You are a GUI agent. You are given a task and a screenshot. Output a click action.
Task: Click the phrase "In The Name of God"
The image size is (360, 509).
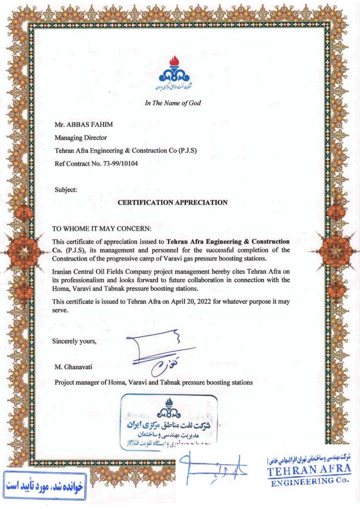click(x=172, y=103)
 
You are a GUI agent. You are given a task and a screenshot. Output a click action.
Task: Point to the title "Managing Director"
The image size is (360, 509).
click(x=80, y=138)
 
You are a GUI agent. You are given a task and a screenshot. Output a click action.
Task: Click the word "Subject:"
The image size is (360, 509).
click(x=66, y=189)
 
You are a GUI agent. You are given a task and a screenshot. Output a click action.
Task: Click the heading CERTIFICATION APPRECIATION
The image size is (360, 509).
click(x=172, y=202)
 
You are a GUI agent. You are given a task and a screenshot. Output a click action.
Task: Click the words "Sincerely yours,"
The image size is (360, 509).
click(x=74, y=341)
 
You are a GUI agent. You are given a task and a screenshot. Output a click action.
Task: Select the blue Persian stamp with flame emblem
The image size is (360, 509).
click(x=169, y=421)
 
